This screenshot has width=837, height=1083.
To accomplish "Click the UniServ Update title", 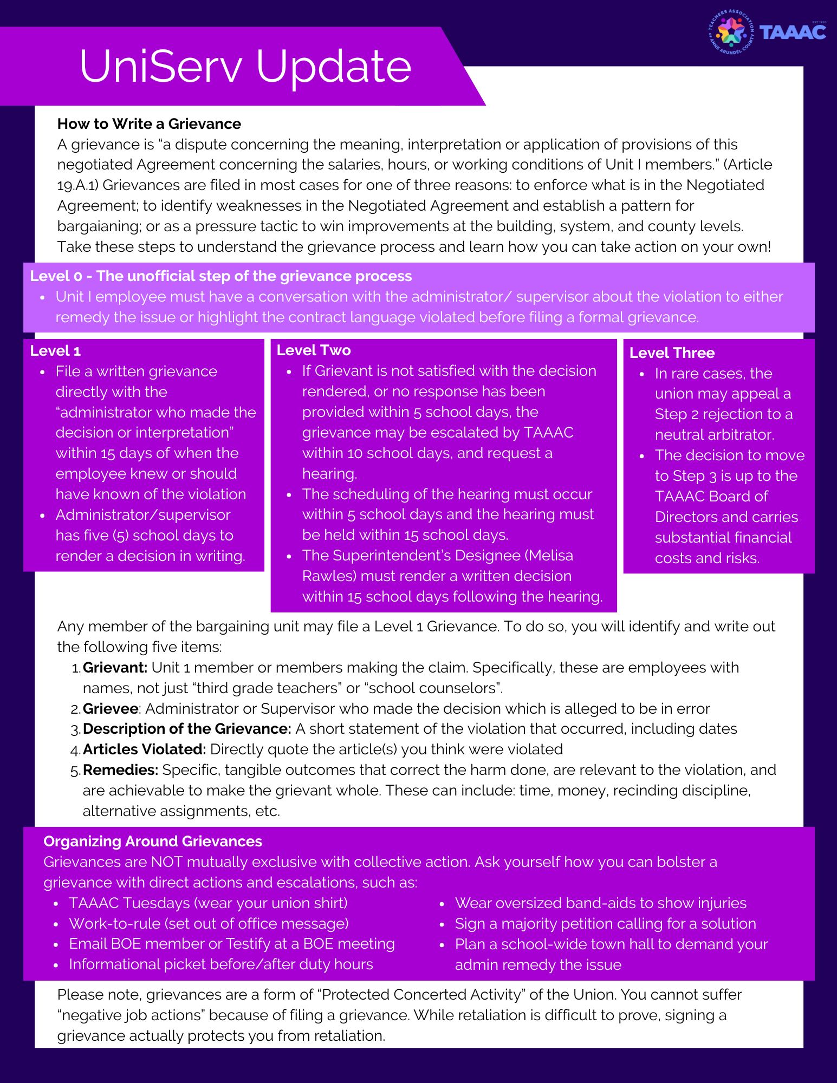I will [x=245, y=66].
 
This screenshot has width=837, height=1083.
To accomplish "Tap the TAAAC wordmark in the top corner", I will [x=793, y=32].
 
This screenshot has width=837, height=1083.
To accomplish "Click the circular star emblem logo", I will [x=731, y=32].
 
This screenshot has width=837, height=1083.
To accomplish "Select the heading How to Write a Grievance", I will [x=149, y=124].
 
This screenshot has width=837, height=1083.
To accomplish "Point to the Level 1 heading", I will [x=55, y=351].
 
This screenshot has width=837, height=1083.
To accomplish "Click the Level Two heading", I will [x=314, y=350].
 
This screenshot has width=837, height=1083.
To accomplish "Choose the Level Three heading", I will [x=672, y=353].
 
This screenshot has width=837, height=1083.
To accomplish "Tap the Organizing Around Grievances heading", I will [x=153, y=841].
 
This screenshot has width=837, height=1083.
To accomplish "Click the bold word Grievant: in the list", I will [x=115, y=668].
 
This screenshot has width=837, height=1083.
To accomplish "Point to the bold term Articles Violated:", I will [x=144, y=749].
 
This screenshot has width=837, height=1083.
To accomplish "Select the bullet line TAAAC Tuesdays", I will [x=208, y=903].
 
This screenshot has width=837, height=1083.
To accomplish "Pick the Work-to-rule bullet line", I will [x=209, y=923].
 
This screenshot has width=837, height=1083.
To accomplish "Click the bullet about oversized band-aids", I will [x=600, y=903].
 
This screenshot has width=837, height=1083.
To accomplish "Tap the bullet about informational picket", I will [x=220, y=964].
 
